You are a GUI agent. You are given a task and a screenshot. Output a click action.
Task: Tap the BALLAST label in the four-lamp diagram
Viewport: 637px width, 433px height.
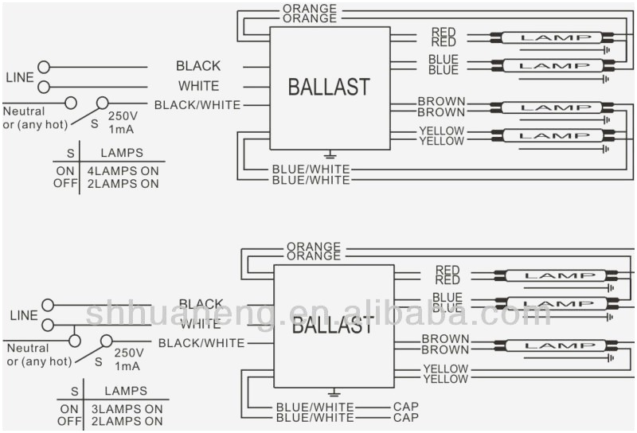click(329, 86)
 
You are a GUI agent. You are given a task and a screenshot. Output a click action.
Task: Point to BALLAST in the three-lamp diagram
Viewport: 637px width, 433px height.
click(332, 324)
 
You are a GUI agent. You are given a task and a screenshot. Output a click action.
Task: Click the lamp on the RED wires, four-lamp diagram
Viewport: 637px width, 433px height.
click(551, 37)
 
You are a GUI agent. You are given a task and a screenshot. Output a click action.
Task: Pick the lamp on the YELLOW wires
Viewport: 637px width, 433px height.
click(551, 135)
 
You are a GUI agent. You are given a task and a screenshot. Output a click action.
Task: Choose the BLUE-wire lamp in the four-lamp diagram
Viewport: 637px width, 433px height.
click(551, 65)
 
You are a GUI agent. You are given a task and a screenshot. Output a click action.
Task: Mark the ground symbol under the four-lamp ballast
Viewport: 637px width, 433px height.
click(329, 154)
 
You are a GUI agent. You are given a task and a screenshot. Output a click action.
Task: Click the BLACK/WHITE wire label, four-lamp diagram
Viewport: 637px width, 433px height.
click(197, 104)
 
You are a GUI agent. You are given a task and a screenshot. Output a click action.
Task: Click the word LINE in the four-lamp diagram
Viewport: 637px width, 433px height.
click(20, 77)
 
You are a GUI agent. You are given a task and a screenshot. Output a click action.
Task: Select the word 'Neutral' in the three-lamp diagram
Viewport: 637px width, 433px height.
click(28, 348)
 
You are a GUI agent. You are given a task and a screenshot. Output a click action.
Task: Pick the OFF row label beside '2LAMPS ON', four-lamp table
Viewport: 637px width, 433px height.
click(65, 183)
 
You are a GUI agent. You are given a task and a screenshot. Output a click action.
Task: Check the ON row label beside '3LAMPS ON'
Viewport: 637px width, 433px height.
click(69, 408)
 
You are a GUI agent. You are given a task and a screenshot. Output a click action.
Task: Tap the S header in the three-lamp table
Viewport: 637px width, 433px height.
click(75, 391)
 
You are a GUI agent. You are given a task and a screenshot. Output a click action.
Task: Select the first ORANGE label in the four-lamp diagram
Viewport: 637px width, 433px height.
click(310, 9)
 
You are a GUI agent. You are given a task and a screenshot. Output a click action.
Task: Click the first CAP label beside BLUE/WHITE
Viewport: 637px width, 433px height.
click(405, 407)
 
